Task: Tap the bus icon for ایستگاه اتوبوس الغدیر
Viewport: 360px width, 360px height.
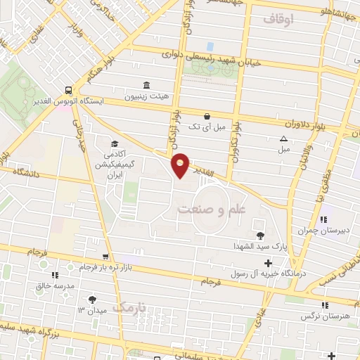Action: click(x=68, y=90)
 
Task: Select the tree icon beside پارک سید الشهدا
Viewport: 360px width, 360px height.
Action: click(x=261, y=236)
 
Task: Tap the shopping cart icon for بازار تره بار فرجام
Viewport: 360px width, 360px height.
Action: click(x=105, y=257)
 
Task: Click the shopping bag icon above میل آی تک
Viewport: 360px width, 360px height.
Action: click(x=207, y=116)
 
